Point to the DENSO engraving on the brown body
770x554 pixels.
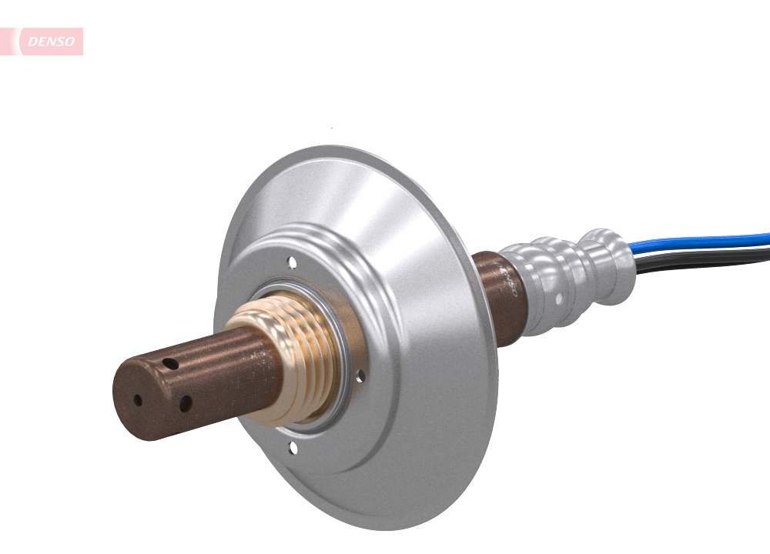point(507,280)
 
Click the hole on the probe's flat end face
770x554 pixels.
point(138,400)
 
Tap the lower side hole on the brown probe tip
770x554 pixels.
point(185,402)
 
